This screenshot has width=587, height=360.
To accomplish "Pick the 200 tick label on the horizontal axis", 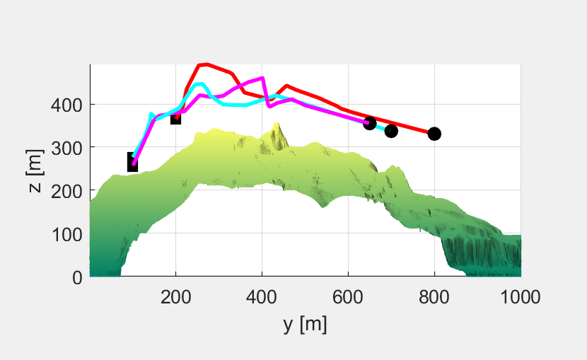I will pos(175,296).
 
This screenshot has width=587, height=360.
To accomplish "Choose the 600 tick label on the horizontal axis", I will pos(348,296).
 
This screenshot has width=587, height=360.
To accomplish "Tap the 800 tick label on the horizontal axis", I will pos(434,296).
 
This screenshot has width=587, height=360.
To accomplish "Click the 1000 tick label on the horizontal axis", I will pos(521,296).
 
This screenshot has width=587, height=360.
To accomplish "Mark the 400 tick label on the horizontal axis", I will pos(262,296).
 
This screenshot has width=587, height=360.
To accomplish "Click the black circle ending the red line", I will pos(434,134).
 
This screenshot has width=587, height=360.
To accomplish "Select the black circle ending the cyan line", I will pos(391,131).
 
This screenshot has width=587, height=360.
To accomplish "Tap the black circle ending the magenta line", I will pos(369,124).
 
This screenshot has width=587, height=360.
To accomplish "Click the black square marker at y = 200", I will pos(175,118).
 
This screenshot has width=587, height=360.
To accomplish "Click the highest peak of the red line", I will pos(204,64).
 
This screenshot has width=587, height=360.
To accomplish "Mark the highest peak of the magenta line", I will pos(262,78).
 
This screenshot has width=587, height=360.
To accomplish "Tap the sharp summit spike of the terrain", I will pos(277,124).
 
